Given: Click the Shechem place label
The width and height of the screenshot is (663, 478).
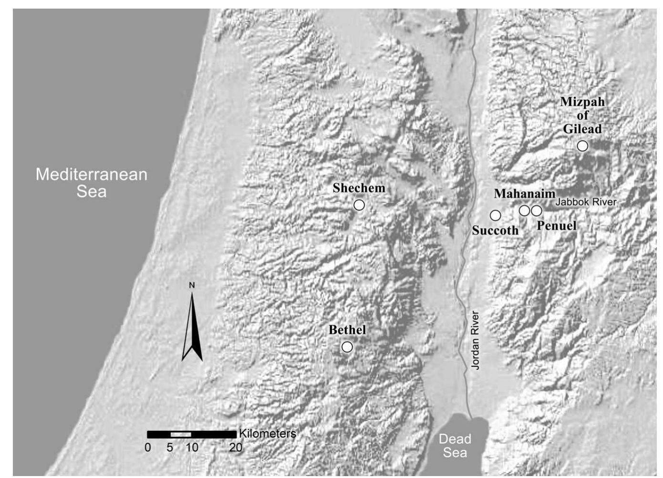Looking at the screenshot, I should click(359, 188).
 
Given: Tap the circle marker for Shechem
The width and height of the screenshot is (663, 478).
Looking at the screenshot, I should click(359, 205).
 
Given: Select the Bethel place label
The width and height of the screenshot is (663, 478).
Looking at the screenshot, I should click(347, 330).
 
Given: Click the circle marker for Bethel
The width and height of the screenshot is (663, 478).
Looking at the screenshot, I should click(347, 347).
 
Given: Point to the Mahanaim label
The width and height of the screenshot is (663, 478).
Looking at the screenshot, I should click(524, 194).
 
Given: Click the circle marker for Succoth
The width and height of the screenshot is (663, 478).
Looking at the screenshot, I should click(496, 216).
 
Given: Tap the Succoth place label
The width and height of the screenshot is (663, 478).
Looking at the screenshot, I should click(495, 230).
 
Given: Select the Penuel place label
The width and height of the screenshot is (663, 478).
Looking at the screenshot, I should click(557, 226).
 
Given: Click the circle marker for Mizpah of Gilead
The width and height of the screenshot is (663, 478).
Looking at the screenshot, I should click(582, 146).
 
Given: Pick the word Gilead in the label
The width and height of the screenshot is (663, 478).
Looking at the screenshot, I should click(582, 129).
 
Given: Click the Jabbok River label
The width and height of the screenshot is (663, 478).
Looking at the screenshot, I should click(586, 202).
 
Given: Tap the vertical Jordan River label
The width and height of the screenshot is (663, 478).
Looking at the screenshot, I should click(475, 340).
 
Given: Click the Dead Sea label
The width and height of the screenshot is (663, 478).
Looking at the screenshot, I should click(455, 446).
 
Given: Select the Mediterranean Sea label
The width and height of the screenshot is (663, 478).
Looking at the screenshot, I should click(92, 183).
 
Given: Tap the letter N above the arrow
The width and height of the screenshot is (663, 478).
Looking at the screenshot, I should click(192, 285).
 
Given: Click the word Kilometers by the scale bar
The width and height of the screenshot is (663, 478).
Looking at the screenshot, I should click(267, 434).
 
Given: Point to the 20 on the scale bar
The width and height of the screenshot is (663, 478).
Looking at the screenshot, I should click(236, 447).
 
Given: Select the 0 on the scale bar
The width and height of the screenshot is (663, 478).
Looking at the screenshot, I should click(148, 447).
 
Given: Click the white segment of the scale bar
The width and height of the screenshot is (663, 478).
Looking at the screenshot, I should click(181, 434).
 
